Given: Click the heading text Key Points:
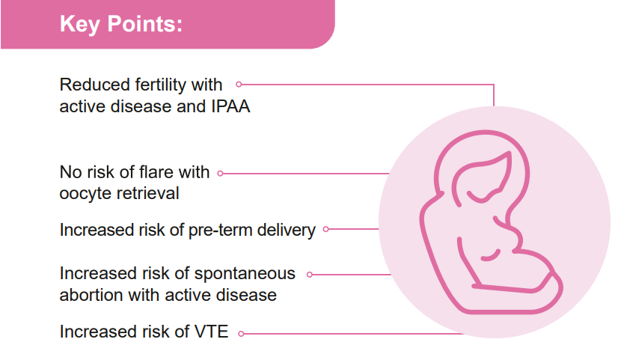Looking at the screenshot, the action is click(x=121, y=24).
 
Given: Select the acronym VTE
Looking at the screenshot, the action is click(x=211, y=332).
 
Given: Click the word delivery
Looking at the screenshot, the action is click(x=286, y=231).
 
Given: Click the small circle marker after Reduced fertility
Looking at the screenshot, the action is click(x=239, y=85).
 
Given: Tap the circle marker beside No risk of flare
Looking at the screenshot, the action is click(x=220, y=173).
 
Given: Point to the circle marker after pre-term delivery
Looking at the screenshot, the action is click(x=326, y=229).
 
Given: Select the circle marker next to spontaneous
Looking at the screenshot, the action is click(x=310, y=275).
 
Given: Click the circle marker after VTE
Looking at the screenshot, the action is click(x=241, y=334).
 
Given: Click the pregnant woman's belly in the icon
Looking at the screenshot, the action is click(x=529, y=271).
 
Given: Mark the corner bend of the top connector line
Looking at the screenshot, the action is click(x=494, y=85).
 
